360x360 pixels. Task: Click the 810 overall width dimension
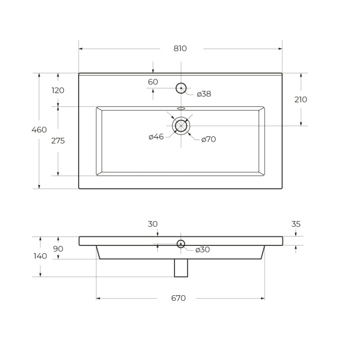tap(180, 48)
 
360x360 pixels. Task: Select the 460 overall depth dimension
tap(39, 130)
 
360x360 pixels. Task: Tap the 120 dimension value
tap(58, 90)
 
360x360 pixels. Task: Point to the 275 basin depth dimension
tap(58, 141)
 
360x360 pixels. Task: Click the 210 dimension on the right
tap(301, 99)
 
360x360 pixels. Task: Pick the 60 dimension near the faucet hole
tap(153, 82)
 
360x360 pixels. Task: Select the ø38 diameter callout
tap(204, 94)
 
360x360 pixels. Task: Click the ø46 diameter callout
tap(156, 137)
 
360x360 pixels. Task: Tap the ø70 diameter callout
tap(208, 139)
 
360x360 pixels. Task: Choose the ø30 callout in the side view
tap(203, 250)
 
